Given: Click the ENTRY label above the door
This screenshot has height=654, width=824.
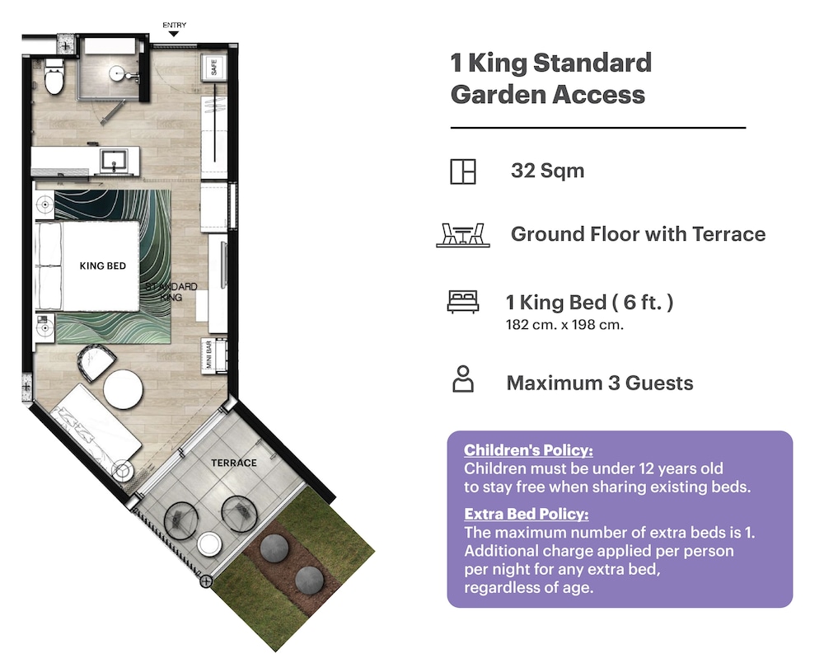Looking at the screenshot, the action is click(x=174, y=25).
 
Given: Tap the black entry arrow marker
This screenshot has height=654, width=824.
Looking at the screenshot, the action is click(x=173, y=34).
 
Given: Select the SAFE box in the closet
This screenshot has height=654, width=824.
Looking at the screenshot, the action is click(x=214, y=68).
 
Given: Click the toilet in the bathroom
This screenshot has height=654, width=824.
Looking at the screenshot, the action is click(x=54, y=77).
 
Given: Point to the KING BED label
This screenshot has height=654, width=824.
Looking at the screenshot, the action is click(x=102, y=266).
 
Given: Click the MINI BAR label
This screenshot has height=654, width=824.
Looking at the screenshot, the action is click(x=209, y=355).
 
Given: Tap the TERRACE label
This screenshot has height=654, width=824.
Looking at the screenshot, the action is click(x=234, y=463).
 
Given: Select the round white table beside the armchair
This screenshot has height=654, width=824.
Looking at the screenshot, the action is click(x=123, y=389).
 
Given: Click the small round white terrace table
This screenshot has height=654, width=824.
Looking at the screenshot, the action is click(x=209, y=544).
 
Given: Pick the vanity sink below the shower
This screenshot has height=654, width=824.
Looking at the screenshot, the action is click(x=114, y=161).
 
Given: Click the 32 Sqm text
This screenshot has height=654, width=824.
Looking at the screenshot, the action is click(x=547, y=171).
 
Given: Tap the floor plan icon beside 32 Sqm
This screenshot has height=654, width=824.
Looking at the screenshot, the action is click(x=463, y=172).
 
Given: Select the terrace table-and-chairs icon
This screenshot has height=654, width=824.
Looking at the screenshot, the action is click(x=463, y=235).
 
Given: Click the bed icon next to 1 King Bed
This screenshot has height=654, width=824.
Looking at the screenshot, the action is click(x=463, y=302).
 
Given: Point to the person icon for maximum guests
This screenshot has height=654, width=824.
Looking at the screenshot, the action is click(x=463, y=379).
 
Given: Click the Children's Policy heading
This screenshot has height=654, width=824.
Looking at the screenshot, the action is click(x=528, y=449).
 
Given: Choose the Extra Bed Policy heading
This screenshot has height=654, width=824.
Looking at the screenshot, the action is click(x=526, y=514).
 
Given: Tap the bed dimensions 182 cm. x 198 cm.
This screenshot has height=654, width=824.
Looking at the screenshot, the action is click(x=564, y=325).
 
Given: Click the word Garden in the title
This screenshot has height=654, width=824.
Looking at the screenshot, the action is click(x=498, y=95).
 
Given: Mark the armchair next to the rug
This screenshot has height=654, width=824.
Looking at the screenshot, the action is click(x=96, y=361).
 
